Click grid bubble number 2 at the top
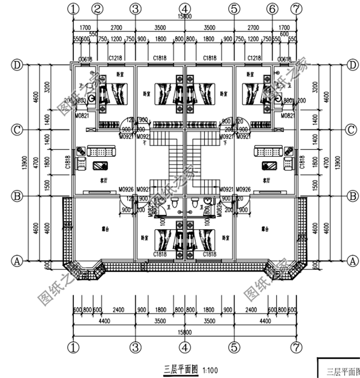[97, 8]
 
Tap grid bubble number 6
[272, 8]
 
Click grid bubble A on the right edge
[353, 260]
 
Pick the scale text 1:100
[210, 370]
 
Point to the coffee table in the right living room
[269, 166]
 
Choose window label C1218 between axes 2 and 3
[115, 58]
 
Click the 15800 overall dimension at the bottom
[185, 331]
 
